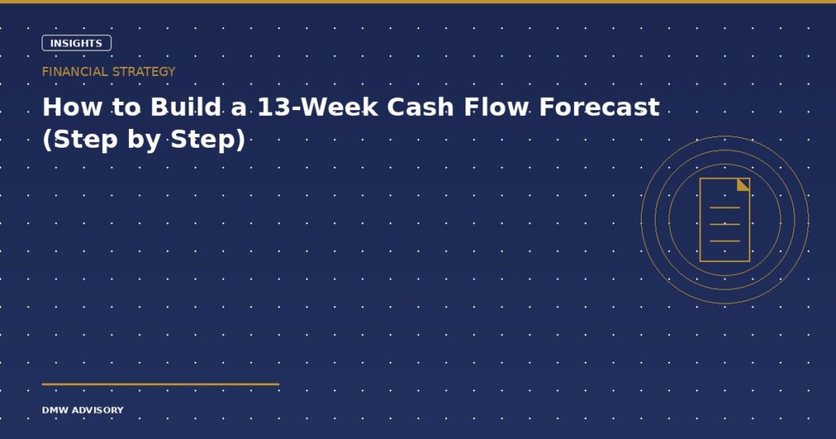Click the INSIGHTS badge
76,43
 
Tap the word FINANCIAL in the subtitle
74,71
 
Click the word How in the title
72,107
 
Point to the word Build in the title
185,107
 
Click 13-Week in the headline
318,107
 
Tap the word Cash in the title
421,107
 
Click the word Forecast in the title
599,107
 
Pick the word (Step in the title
80,140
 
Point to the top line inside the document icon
725,207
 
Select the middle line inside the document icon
725,224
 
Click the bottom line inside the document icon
725,242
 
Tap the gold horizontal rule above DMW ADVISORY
161,384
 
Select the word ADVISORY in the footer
97,410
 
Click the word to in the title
127,107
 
